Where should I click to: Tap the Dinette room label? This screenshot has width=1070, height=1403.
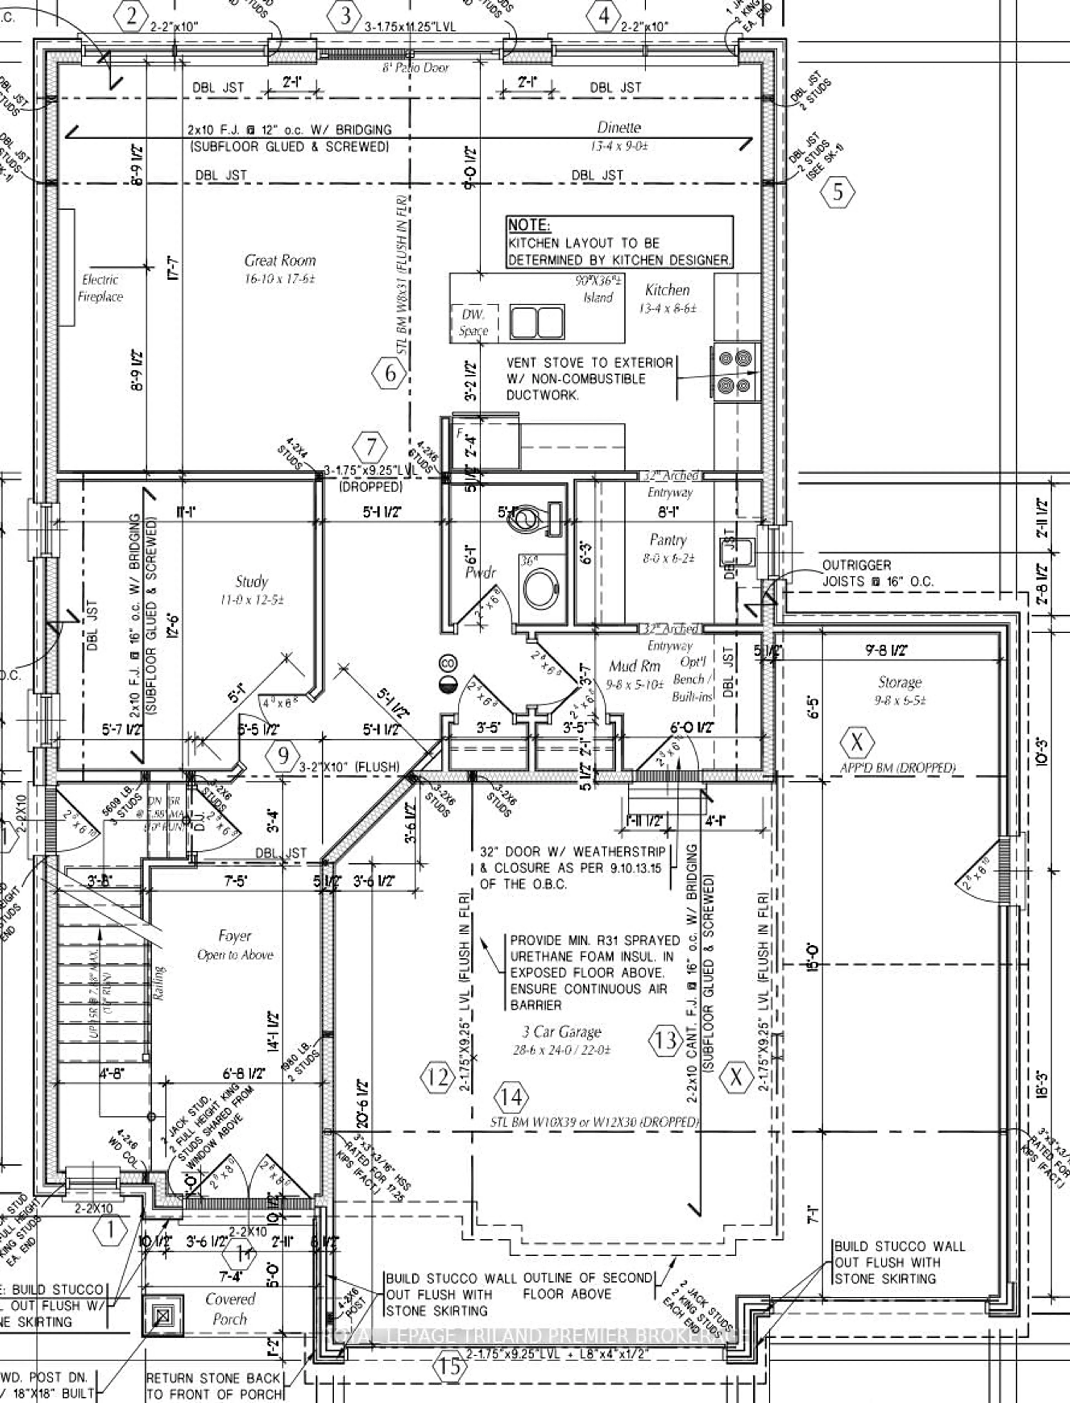pos(618,127)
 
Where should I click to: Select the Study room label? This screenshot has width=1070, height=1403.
pos(252,581)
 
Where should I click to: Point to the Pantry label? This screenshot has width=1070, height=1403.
pos(667,540)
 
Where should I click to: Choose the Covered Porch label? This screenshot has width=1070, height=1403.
pos(230,1308)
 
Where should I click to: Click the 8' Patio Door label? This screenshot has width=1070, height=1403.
pos(415,67)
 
